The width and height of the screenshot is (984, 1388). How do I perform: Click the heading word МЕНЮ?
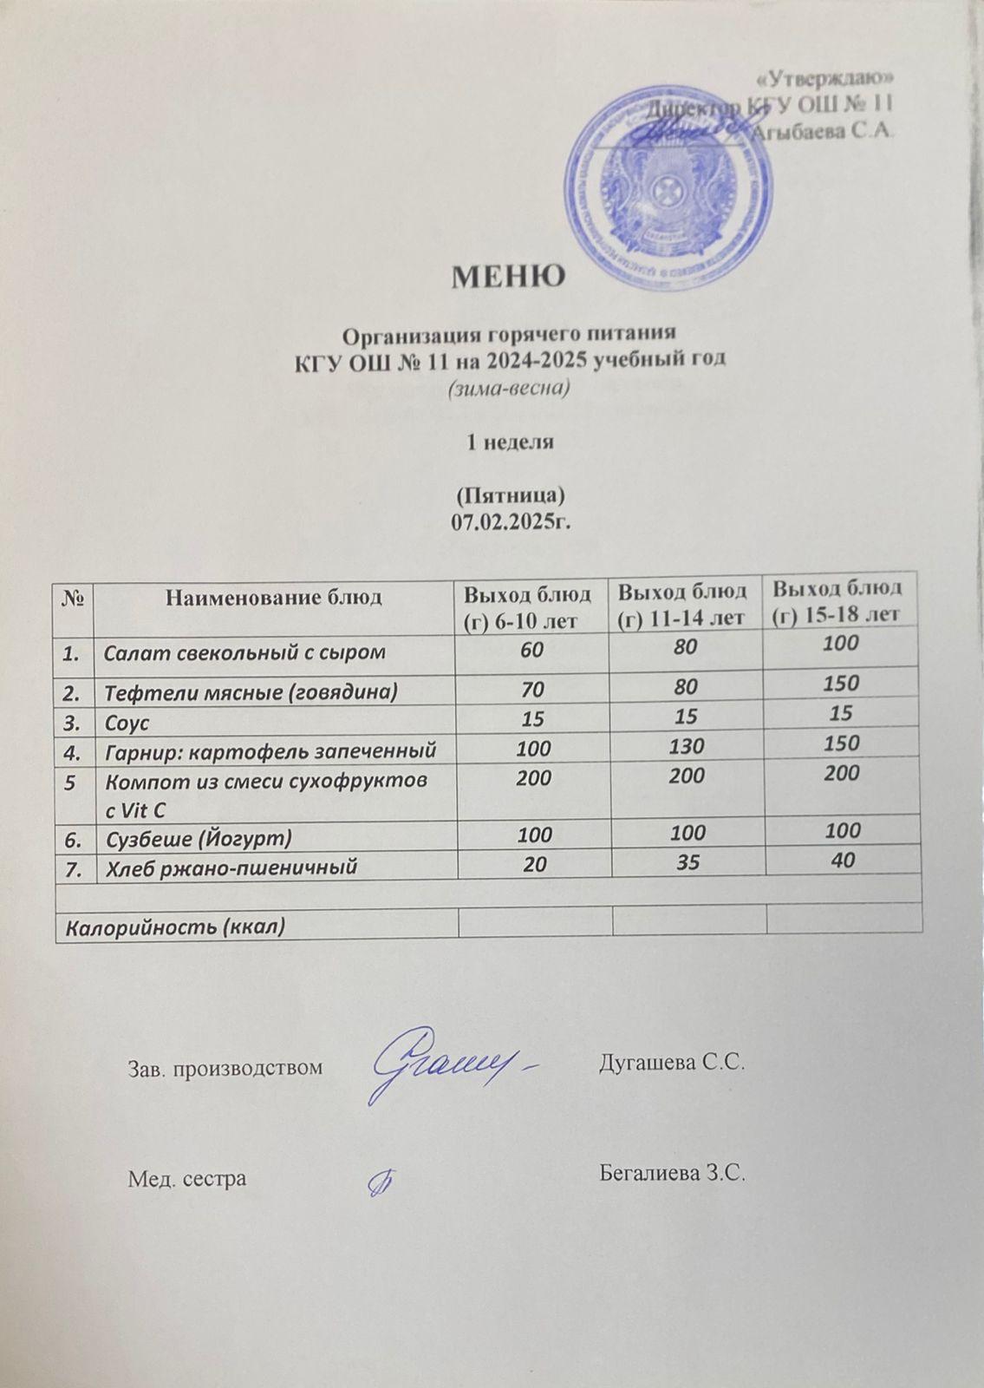[x=508, y=277]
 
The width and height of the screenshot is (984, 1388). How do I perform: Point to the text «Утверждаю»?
[x=825, y=78]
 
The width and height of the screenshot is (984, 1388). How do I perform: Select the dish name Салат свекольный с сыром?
[x=244, y=651]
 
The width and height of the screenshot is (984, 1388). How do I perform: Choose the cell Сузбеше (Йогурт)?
[x=198, y=839]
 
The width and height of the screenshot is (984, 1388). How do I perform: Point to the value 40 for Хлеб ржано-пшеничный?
[x=842, y=861]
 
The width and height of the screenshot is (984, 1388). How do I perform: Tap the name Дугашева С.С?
[x=673, y=1064]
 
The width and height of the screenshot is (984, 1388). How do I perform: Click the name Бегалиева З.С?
[x=673, y=1175]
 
